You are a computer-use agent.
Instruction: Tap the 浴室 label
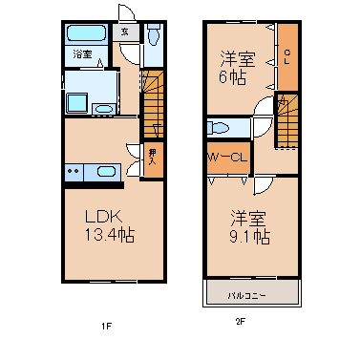[x=82, y=55]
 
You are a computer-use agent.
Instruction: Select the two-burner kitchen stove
[x=74, y=172]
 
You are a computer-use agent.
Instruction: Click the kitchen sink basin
[x=105, y=172]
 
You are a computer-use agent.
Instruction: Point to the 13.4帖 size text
[x=105, y=236]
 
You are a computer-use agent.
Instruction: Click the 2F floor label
[x=241, y=322]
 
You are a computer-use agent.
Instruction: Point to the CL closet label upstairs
[x=286, y=55]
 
